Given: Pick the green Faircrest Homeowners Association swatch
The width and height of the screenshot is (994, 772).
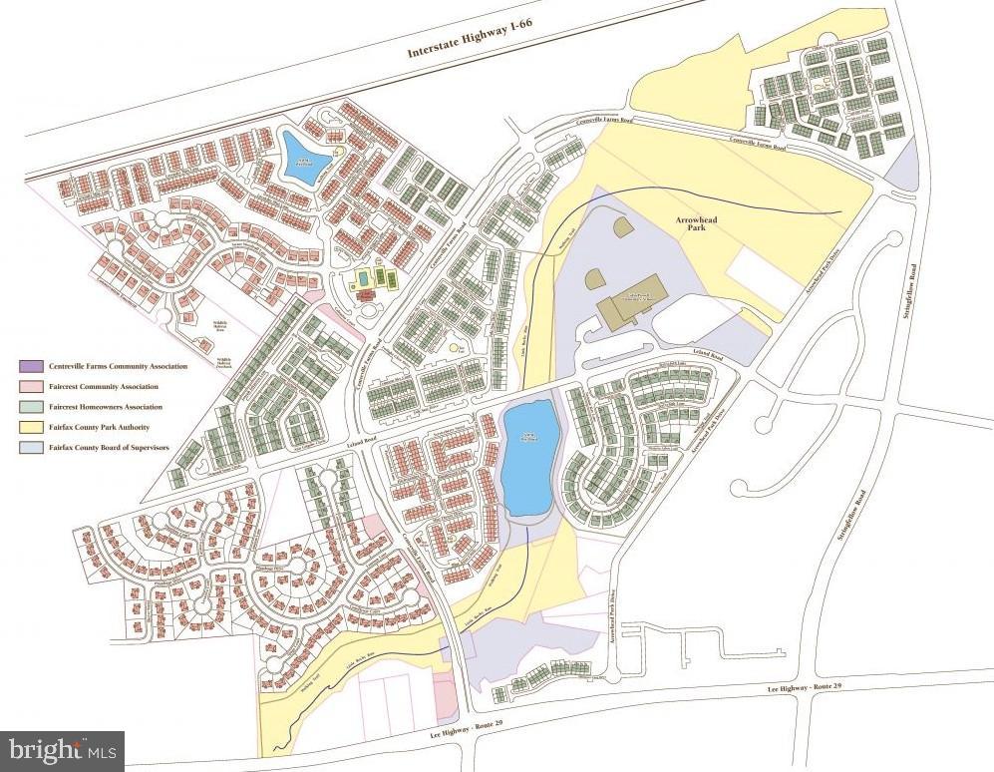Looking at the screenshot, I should pyautogui.click(x=28, y=407).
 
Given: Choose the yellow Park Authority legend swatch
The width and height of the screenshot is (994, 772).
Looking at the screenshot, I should pyautogui.click(x=28, y=428).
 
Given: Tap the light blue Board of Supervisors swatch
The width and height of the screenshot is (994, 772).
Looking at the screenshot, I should pyautogui.click(x=28, y=449).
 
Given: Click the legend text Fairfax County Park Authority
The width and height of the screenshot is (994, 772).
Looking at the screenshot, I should pyautogui.click(x=96, y=428).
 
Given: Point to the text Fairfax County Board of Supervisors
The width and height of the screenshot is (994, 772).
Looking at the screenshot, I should pyautogui.click(x=105, y=449).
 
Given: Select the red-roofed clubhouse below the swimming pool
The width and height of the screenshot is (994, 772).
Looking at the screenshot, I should pyautogui.click(x=366, y=295).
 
